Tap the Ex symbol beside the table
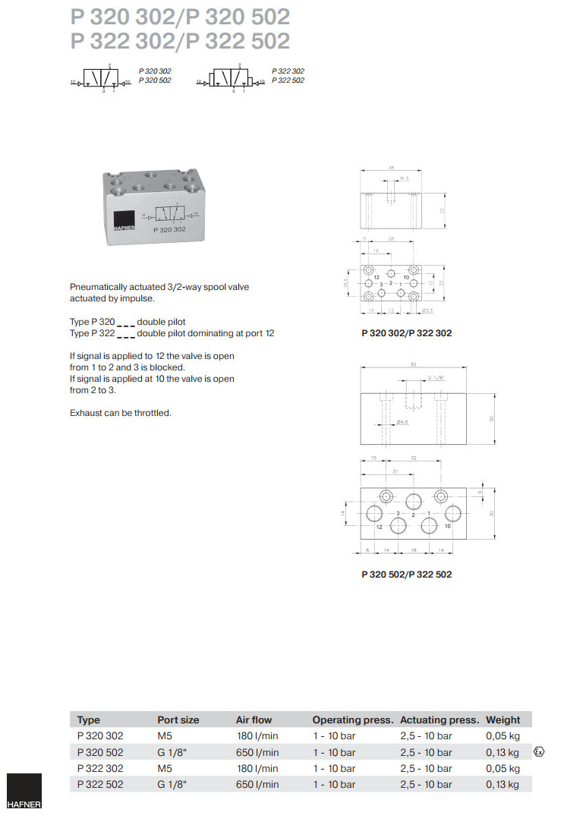tap(539, 752)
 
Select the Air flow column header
tap(254, 720)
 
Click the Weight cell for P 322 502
tap(503, 784)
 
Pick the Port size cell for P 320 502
tap(172, 752)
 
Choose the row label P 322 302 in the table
tap(100, 768)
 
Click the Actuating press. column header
tap(440, 720)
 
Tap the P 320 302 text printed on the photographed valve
tap(169, 228)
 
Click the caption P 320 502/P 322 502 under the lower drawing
tap(406, 574)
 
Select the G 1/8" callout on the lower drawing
tap(434, 377)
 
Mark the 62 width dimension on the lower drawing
tap(414, 365)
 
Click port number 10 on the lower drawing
tap(448, 525)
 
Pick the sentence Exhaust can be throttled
tap(121, 413)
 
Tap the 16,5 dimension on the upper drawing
tap(346, 282)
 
